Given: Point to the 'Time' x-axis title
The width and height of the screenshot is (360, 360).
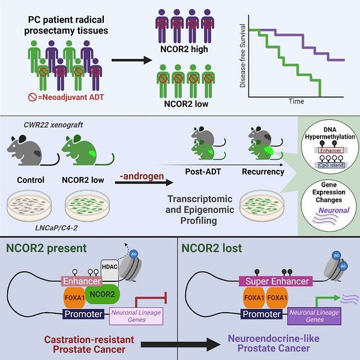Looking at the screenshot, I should pyautogui.click(x=296, y=101).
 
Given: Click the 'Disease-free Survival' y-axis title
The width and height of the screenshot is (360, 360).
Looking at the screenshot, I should pyautogui.click(x=243, y=58).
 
